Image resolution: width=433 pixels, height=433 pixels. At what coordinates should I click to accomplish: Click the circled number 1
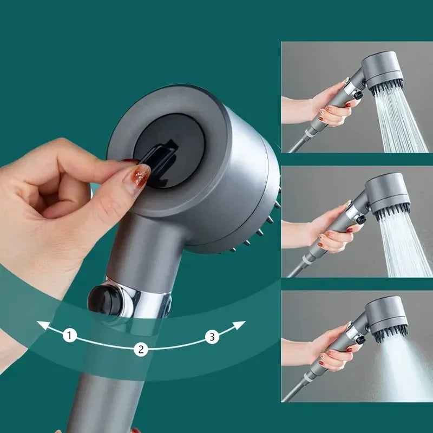point(69,336)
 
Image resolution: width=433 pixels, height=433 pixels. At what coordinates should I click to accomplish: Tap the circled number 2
point(141,349)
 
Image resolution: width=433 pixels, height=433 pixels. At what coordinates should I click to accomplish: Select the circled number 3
point(212,337)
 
